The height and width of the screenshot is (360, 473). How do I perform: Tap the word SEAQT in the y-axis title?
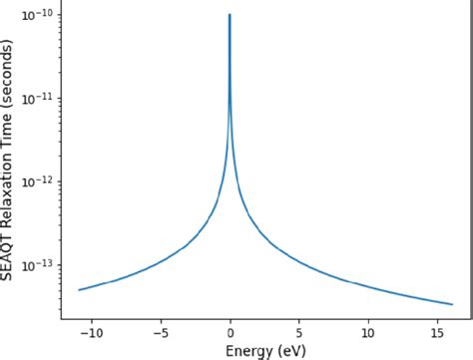(9, 253)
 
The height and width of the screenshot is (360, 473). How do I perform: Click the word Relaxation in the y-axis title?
(9, 183)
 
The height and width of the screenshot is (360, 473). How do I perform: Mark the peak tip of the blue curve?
(230, 15)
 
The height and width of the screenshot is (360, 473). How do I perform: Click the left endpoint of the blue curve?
(79, 290)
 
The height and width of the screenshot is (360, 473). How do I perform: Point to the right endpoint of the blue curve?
(452, 304)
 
